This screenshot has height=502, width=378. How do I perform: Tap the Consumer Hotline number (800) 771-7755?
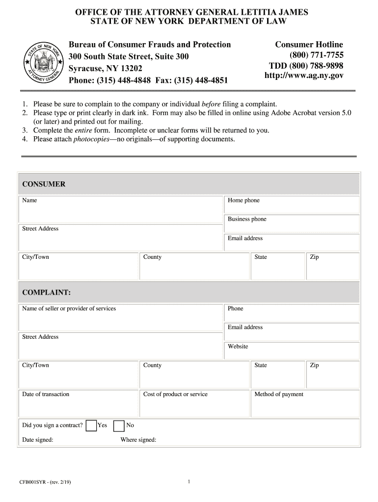316,55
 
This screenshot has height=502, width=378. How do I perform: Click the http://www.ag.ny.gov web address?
304,75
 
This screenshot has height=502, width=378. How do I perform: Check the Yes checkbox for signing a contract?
91,426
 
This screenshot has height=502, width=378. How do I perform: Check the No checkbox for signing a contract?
119,426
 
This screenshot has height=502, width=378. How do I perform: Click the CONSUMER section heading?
44,184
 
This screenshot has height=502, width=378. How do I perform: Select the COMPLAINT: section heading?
46,293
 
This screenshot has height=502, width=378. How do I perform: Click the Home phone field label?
243,201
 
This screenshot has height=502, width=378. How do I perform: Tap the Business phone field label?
247,219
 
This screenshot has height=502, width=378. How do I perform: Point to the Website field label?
238,347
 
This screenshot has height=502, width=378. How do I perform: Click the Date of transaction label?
46,394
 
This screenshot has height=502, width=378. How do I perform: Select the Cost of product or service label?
175,394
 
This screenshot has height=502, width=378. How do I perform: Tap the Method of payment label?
279,394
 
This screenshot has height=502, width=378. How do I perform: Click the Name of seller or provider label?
69,308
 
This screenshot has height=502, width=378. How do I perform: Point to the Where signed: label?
138,440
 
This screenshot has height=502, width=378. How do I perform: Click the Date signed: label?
38,440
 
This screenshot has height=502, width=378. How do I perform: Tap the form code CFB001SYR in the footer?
33,482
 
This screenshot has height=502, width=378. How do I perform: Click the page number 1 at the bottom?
189,482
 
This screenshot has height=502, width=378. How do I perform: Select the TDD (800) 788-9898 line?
306,66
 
